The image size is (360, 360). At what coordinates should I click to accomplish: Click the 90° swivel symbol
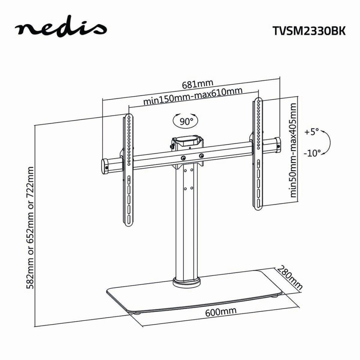185,121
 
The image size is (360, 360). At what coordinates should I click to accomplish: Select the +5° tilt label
312,132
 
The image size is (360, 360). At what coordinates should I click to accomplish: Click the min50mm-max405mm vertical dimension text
293,150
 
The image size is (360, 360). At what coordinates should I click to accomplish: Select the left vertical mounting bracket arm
129,170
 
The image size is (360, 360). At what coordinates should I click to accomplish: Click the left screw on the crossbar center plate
184,158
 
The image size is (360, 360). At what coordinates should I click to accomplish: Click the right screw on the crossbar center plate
201,156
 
